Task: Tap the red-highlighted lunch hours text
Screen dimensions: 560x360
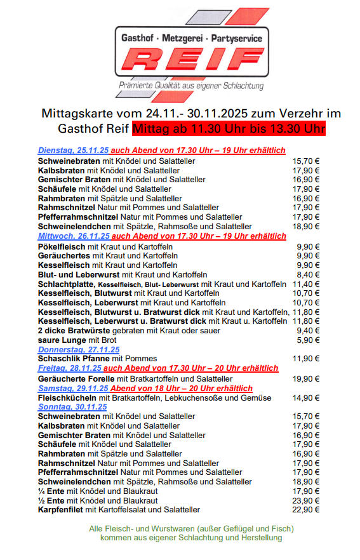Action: click(x=229, y=130)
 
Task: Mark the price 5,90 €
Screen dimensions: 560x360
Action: click(x=309, y=340)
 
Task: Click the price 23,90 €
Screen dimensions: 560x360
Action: click(x=306, y=500)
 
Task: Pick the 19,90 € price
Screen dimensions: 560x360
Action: click(x=306, y=378)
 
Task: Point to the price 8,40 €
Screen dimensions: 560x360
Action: click(x=309, y=274)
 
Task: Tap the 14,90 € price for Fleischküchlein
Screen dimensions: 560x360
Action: click(x=306, y=397)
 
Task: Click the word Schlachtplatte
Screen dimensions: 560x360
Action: click(x=66, y=284)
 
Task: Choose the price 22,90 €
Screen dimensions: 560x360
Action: click(x=306, y=510)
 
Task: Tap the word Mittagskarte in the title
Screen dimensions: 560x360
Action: click(x=72, y=114)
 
